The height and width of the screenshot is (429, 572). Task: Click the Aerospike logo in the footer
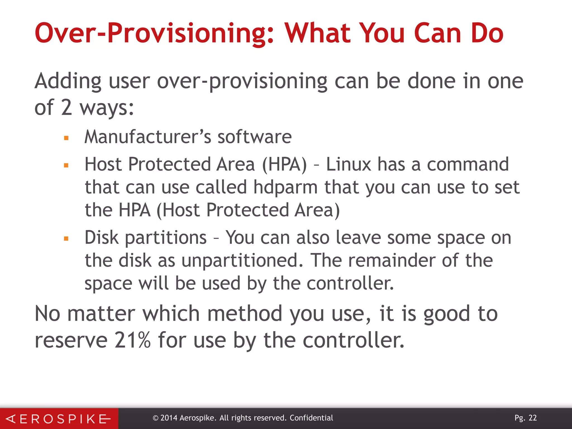pyautogui.click(x=59, y=419)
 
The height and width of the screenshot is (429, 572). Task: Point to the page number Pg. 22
pyautogui.click(x=526, y=418)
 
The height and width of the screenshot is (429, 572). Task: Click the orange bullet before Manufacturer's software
pyautogui.click(x=66, y=138)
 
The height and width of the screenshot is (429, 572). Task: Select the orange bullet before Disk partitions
pyautogui.click(x=66, y=239)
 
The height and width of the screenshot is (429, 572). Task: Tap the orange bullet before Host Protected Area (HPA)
pyautogui.click(x=66, y=165)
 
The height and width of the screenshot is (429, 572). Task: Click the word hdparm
pyautogui.click(x=285, y=188)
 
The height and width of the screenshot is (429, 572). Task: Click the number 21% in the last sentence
pyautogui.click(x=132, y=340)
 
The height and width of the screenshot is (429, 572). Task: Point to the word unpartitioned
pyautogui.click(x=242, y=260)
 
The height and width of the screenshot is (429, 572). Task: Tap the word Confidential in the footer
pyautogui.click(x=311, y=418)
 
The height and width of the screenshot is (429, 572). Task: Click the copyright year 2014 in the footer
pyautogui.click(x=169, y=418)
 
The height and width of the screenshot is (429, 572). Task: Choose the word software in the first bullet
pyautogui.click(x=254, y=137)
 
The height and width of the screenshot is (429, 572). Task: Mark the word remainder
pyautogui.click(x=392, y=260)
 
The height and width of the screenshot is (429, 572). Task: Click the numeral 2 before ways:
pyautogui.click(x=67, y=108)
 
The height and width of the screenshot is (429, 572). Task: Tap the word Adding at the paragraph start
pyautogui.click(x=68, y=81)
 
